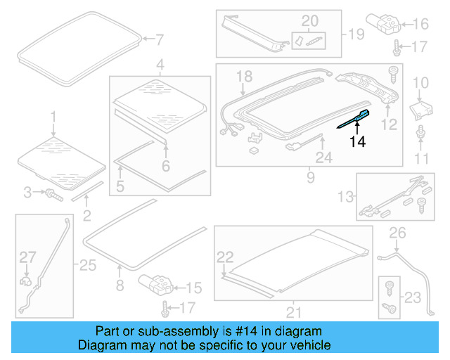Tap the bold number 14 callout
(358, 141)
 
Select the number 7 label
(158, 39)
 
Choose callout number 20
(310, 20)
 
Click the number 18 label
(243, 76)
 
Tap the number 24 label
(323, 158)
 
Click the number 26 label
(397, 233)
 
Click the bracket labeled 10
(420, 109)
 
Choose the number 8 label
(120, 285)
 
